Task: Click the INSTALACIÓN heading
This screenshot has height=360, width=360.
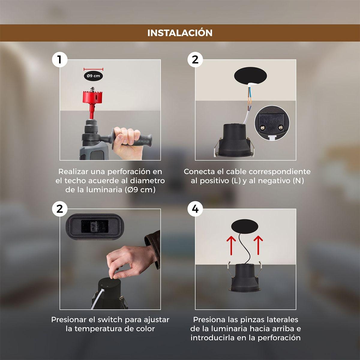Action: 180,33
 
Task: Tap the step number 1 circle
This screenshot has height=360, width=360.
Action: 60,60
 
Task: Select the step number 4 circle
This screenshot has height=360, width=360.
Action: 195,209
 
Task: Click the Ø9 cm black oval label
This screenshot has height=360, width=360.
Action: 93,76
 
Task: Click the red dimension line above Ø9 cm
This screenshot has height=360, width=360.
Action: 93,69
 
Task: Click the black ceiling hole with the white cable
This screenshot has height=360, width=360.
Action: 250,75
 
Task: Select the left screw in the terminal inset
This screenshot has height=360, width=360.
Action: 263,127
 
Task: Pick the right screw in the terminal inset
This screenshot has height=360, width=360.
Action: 280,127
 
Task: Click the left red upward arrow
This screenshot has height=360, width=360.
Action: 231,245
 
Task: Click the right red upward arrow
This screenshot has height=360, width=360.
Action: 258,245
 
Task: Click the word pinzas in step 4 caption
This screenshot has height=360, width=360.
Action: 252,319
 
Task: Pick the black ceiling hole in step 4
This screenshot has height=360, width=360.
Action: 244,226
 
